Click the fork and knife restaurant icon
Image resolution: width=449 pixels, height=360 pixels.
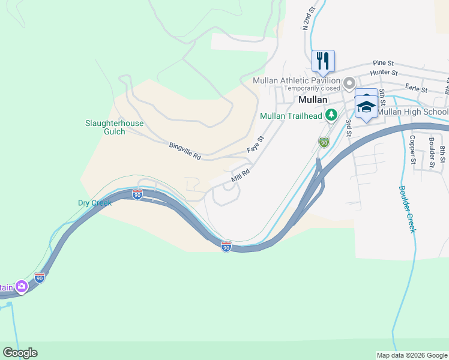[323, 61]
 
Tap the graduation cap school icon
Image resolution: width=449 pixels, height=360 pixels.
[366, 106]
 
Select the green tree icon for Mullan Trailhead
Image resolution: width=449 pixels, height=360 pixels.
[330, 114]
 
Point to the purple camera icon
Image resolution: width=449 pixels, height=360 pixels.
[22, 287]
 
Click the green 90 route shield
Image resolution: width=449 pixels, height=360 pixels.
[324, 142]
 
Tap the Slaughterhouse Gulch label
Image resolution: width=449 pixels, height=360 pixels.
[114, 127]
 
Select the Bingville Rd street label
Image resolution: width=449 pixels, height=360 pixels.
[185, 151]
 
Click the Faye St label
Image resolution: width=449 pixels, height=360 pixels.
[256, 144]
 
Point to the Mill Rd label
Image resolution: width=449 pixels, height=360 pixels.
[240, 175]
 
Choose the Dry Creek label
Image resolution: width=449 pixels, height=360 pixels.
[95, 203]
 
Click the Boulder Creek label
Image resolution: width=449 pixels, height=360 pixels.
[407, 209]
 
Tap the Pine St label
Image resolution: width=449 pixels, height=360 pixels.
[383, 62]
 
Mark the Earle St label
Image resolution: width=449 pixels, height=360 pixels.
[415, 89]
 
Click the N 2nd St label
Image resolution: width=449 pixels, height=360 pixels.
[308, 19]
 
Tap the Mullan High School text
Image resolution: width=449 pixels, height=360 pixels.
[413, 112]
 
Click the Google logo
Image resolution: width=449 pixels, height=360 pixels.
[20, 353]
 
